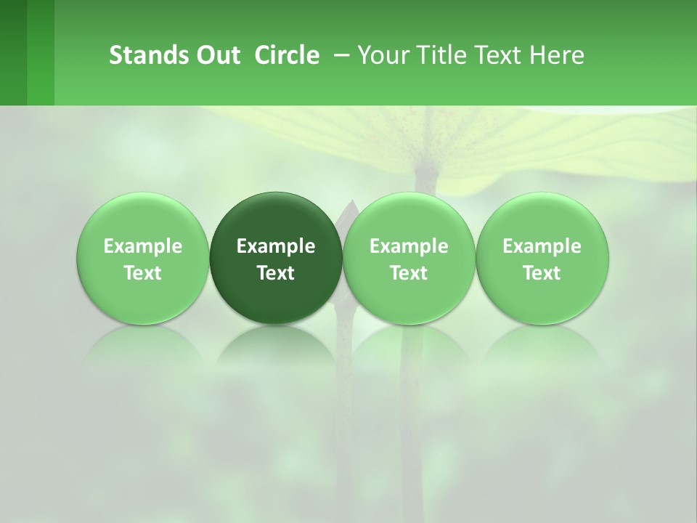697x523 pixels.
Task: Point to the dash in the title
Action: [339, 55]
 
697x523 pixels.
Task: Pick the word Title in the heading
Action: [439, 55]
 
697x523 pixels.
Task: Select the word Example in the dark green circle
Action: [276, 246]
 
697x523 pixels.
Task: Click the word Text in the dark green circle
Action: [276, 273]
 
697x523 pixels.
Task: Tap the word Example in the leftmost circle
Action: [143, 246]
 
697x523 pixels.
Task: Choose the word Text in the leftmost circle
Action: [143, 273]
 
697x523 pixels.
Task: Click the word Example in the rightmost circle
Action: [542, 246]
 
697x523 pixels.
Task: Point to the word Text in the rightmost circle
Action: [542, 273]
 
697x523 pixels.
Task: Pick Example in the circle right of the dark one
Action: [409, 246]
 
